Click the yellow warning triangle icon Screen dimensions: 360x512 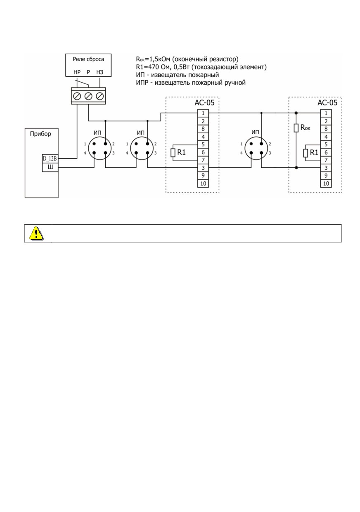pos(36,233)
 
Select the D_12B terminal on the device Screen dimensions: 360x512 pos(50,158)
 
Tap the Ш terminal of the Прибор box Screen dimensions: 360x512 pos(50,167)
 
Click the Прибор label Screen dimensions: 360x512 pos(40,134)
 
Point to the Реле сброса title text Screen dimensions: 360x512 pos(88,59)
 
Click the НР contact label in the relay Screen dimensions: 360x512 pos(77,72)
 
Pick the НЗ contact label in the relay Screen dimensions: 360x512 pos(99,72)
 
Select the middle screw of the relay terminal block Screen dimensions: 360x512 pos(88,96)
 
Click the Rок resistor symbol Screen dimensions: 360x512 pos(296,128)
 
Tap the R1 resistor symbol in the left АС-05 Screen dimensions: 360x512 pos(173,152)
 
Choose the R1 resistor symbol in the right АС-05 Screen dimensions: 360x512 pos(306,153)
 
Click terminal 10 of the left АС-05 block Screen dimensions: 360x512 pos(203,183)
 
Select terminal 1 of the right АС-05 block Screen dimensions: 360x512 pos(326,113)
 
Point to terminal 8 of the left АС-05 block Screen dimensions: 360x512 pos(203,129)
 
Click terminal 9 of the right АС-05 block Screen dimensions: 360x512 pos(326,176)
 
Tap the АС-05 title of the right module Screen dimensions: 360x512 pos(327,102)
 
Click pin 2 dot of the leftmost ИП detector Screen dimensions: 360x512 pos(105,144)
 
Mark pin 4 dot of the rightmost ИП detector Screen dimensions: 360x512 pos(251,153)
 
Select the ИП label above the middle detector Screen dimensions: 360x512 pos(140,133)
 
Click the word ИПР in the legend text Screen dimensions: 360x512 pos(142,83)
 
